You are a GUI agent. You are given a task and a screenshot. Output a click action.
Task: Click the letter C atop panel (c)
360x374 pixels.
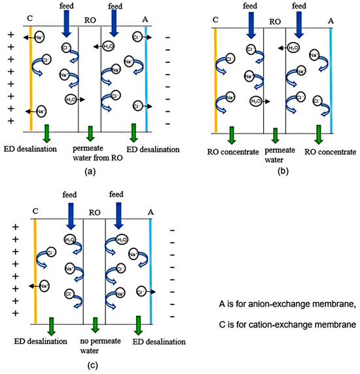pyautogui.click(x=35, y=212)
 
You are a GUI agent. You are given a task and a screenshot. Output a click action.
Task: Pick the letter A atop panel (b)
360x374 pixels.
pyautogui.click(x=331, y=20)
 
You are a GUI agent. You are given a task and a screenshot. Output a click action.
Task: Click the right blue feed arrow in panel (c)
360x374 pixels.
pyautogui.click(x=120, y=216)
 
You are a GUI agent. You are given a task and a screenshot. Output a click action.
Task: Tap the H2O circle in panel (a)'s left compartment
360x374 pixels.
pyautogui.click(x=71, y=99)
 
